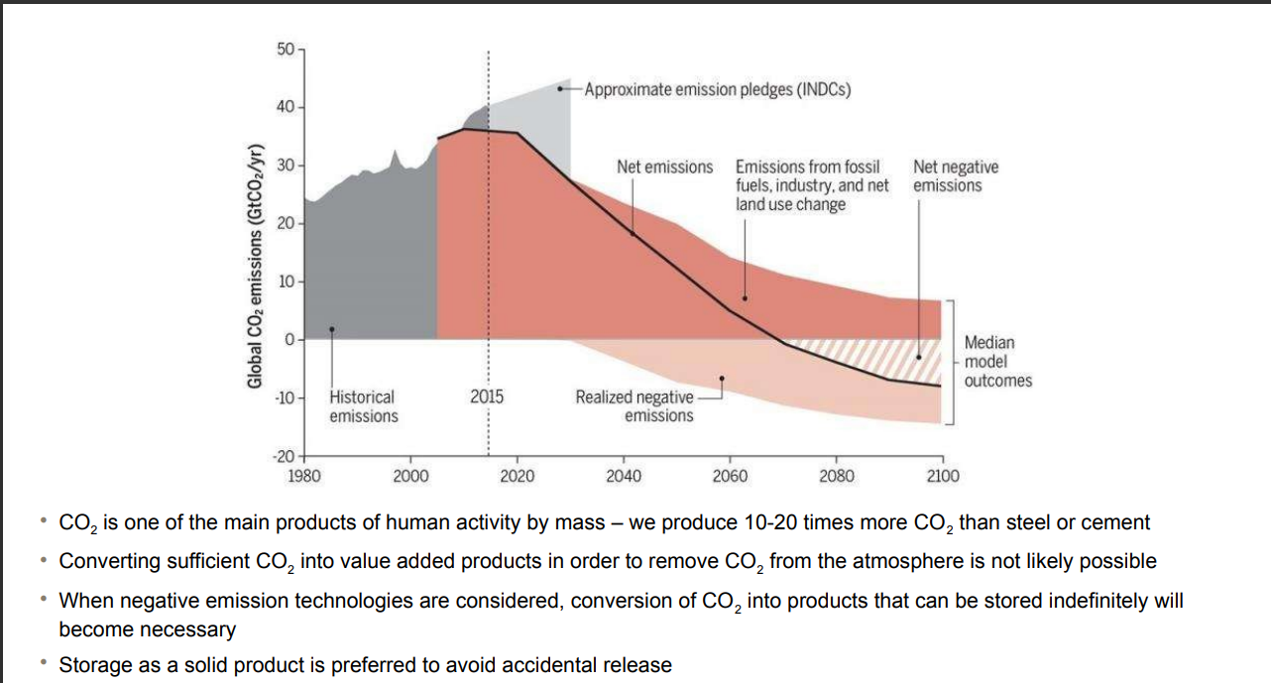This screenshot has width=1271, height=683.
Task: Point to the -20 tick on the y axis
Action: tap(284, 456)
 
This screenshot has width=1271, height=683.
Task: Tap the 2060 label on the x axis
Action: tap(730, 476)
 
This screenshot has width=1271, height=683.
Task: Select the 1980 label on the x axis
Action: tap(303, 476)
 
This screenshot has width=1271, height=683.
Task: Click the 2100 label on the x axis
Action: tap(943, 476)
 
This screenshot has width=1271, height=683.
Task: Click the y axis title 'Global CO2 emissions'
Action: tap(256, 266)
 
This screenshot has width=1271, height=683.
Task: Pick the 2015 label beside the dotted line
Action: tap(487, 397)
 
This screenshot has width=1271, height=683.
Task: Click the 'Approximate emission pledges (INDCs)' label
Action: tap(717, 89)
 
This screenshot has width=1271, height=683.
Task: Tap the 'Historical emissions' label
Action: tap(363, 406)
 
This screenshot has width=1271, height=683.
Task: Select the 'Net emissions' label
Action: tap(664, 167)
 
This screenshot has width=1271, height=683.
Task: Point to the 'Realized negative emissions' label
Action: tap(635, 406)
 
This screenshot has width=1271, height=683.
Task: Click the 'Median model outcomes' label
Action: tap(997, 361)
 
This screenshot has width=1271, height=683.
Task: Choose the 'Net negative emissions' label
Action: tap(956, 176)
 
